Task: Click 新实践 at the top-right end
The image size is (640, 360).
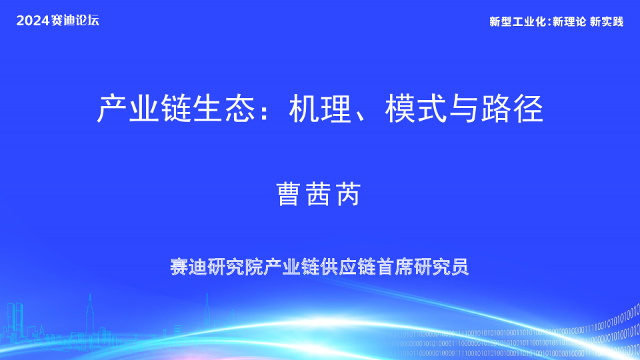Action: click(x=607, y=22)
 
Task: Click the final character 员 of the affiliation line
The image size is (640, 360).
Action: click(x=459, y=267)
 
